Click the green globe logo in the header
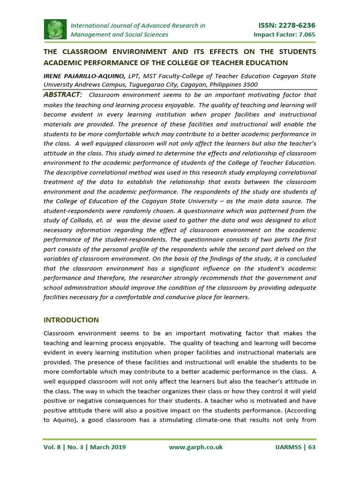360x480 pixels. (x=55, y=30)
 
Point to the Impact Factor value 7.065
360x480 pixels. (x=304, y=35)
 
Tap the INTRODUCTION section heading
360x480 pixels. (x=71, y=320)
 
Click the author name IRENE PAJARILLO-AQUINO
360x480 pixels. (x=90, y=76)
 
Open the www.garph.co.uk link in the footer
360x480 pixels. (x=195, y=447)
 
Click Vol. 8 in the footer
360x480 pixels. (x=53, y=447)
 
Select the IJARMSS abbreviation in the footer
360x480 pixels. (x=289, y=447)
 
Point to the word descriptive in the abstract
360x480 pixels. (x=75, y=172)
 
